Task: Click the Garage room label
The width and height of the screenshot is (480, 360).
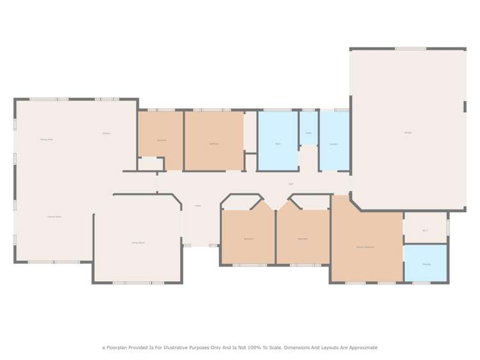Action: point(408,133)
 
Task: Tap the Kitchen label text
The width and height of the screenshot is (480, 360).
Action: point(106,133)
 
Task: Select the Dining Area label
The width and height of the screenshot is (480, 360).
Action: point(46,139)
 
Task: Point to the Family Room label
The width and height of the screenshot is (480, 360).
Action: point(54,217)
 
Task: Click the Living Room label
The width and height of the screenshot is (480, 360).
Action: point(138,243)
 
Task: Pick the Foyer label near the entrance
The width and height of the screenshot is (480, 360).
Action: point(198,206)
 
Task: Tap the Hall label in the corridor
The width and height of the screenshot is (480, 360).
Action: point(291,184)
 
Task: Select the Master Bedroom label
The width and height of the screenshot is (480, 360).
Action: point(365,247)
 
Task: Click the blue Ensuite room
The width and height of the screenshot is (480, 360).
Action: point(426,263)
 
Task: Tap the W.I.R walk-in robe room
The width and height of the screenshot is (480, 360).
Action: point(425,229)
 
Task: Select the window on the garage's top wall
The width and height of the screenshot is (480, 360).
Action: point(410,49)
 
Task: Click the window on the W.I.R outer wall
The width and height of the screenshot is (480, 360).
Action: point(448,227)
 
